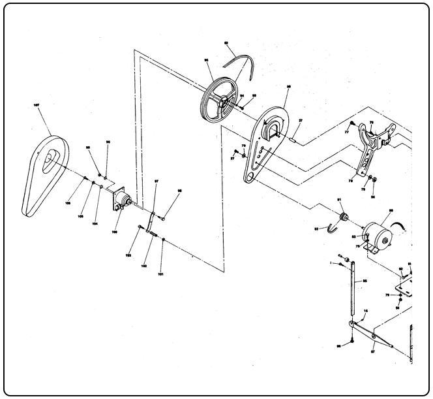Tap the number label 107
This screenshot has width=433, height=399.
[37, 103]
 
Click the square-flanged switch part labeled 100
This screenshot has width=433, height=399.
[120, 200]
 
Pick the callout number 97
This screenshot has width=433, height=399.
[157, 180]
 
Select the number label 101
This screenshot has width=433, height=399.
[160, 274]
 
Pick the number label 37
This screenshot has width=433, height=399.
[301, 121]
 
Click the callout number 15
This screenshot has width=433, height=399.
[365, 311]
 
